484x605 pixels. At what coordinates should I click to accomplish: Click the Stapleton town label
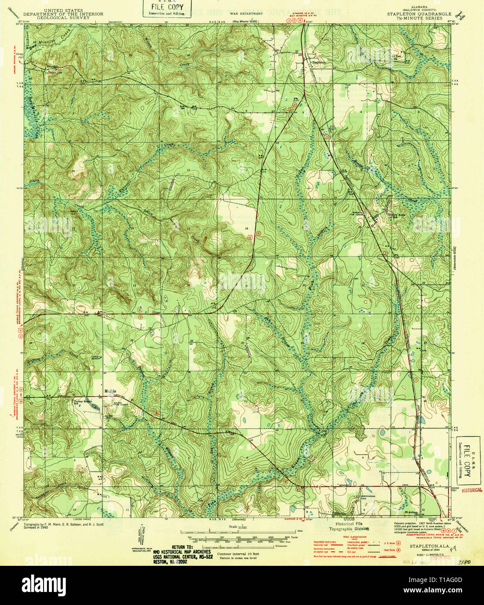319,62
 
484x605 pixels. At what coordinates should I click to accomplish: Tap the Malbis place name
109,391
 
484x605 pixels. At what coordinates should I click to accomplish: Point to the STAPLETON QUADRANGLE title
419,14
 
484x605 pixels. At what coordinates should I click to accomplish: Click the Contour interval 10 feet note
238,554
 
